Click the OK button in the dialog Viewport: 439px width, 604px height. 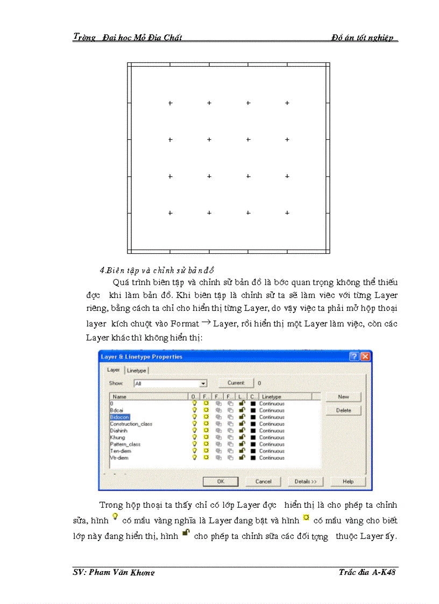click(x=220, y=481)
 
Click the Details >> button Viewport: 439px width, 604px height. click(x=306, y=481)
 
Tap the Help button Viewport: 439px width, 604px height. click(x=348, y=481)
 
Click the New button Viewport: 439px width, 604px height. click(x=343, y=397)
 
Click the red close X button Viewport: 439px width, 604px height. click(x=365, y=357)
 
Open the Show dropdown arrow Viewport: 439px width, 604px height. click(x=203, y=383)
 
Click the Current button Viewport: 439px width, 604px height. click(x=236, y=383)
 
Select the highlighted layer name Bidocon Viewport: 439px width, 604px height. click(x=119, y=417)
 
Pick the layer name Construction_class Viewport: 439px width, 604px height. click(x=131, y=424)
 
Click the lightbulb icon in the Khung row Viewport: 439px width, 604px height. click(x=194, y=437)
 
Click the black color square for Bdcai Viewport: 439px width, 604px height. click(x=253, y=410)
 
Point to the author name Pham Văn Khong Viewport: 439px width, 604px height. click(x=114, y=572)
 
